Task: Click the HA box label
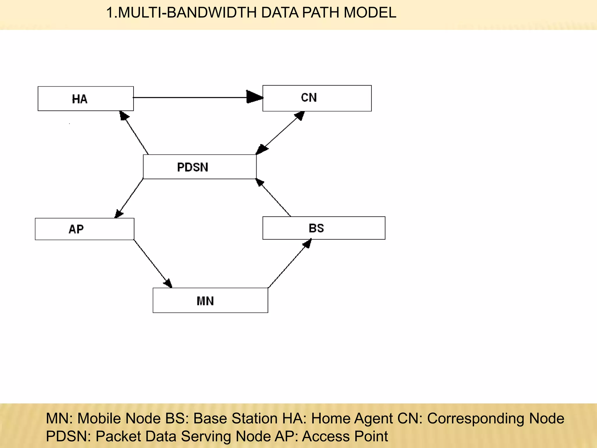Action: coord(80,99)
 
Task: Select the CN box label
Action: coord(309,98)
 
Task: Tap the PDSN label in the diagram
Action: coord(193,167)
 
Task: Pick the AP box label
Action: coord(76,229)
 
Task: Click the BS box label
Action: coord(316,228)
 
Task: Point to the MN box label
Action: coord(205,301)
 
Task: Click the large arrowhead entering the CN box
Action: coord(254,97)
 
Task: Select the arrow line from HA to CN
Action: coord(189,97)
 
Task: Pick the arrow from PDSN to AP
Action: coord(129,198)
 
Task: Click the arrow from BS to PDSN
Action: coord(274,198)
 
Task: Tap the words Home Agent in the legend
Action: coord(352,419)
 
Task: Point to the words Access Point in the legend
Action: coord(345,436)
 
